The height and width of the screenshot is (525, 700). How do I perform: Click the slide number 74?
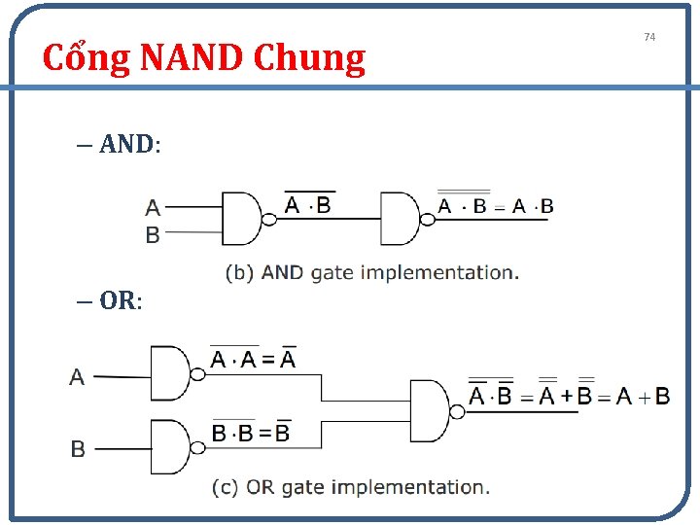pos(650,37)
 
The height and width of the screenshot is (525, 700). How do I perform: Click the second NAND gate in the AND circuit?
pos(400,219)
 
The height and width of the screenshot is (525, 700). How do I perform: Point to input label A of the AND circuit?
pos(153,207)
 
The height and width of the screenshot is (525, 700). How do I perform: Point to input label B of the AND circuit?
pos(153,234)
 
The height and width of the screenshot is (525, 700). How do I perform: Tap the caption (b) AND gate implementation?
pos(371,273)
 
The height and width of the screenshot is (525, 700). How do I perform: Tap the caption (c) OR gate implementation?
pos(350,487)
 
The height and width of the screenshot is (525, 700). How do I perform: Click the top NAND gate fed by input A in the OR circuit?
pos(171,373)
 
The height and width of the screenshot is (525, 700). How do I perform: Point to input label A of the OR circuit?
pos(77,377)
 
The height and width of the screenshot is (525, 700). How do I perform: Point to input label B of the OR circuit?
pos(78,449)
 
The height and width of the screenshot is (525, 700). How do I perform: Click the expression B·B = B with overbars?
pos(251,433)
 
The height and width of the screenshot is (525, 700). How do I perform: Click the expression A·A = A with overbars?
pos(253,360)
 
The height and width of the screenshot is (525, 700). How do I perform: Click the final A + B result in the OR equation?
pos(642,396)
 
